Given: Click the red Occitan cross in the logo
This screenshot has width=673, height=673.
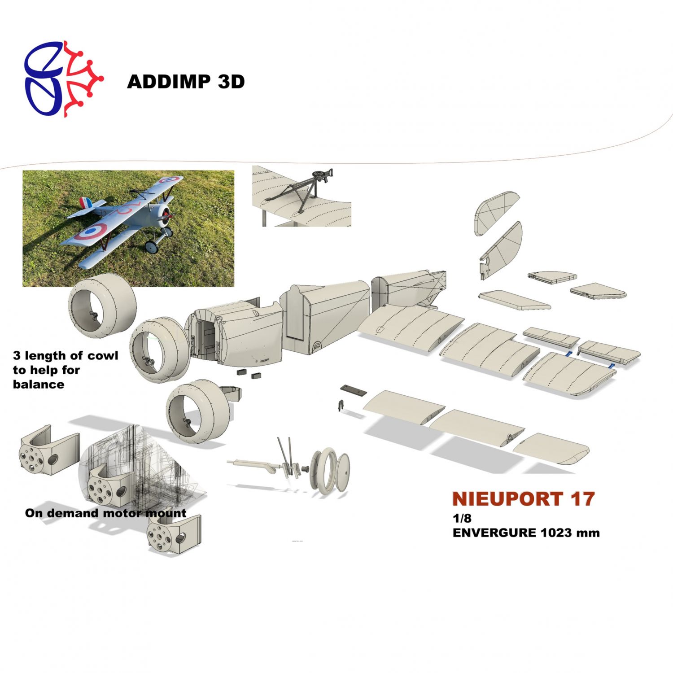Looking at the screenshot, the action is pyautogui.click(x=83, y=79).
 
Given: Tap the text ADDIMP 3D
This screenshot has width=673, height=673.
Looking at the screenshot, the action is pyautogui.click(x=186, y=82).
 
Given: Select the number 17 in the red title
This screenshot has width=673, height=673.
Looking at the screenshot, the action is pyautogui.click(x=582, y=499).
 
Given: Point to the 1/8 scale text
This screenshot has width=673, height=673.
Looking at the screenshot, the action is pyautogui.click(x=462, y=518).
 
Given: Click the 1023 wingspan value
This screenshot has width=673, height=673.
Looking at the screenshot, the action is pyautogui.click(x=556, y=533).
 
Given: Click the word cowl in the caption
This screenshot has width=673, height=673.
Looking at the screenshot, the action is pyautogui.click(x=103, y=356).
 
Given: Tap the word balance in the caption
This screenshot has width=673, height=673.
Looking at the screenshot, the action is pyautogui.click(x=39, y=385).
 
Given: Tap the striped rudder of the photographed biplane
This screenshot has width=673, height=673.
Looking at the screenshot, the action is pyautogui.click(x=86, y=203).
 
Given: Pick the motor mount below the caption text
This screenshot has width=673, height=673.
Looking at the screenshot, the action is pyautogui.click(x=174, y=534).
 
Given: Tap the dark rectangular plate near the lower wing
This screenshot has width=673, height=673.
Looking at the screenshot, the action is pyautogui.click(x=354, y=390).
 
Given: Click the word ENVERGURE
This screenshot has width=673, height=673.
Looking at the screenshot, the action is pyautogui.click(x=494, y=533).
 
